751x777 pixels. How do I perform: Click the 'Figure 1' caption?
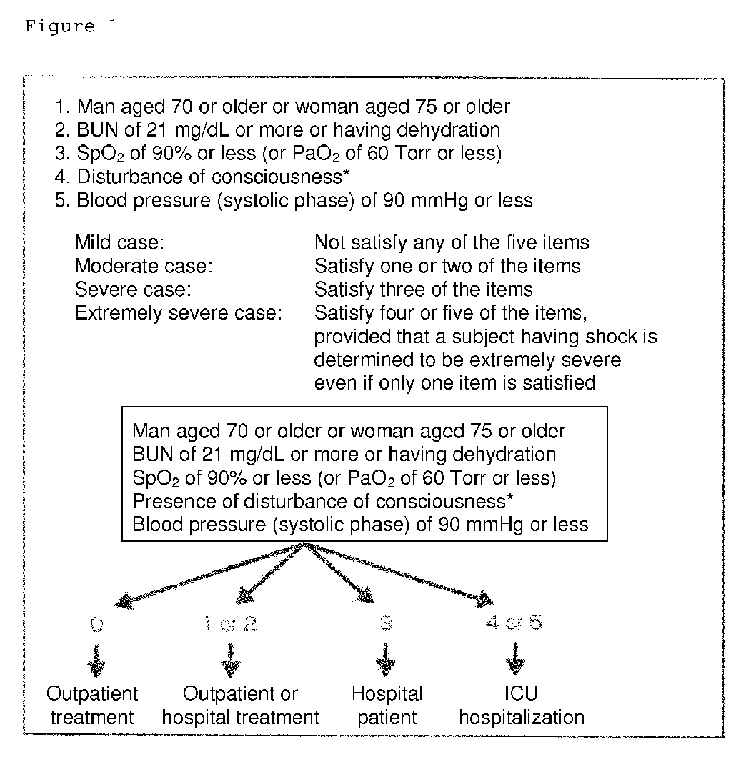[x=71, y=27]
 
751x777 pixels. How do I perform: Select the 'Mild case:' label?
[x=121, y=243]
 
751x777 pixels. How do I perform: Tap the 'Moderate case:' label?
[x=144, y=267]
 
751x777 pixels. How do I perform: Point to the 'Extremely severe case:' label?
[x=179, y=313]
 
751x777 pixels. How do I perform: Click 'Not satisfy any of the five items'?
[x=452, y=243]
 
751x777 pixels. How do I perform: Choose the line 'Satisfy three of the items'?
[x=423, y=290]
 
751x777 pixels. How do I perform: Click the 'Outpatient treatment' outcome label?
[x=93, y=706]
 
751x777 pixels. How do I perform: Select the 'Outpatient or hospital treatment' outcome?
[x=241, y=706]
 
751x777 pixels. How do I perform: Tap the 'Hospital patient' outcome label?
[x=387, y=706]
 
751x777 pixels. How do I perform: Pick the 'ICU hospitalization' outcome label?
[x=521, y=706]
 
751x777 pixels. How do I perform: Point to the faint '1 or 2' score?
[x=229, y=624]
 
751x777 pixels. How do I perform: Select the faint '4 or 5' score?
[x=513, y=623]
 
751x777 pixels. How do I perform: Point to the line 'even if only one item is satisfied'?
[x=454, y=383]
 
